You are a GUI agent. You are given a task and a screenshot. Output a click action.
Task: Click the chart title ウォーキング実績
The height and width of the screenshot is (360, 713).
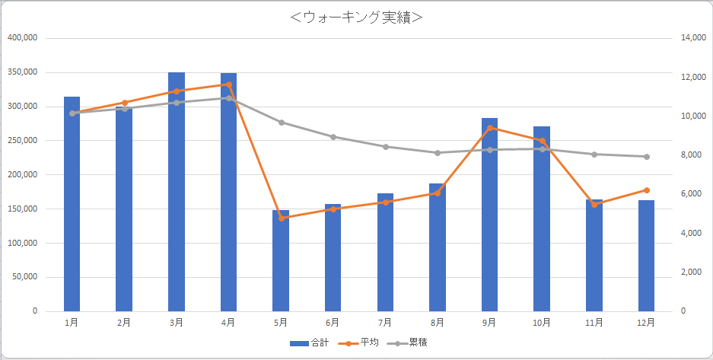pyautogui.click(x=356, y=18)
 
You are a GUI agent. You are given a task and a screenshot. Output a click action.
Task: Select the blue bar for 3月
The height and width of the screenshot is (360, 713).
pyautogui.click(x=177, y=190)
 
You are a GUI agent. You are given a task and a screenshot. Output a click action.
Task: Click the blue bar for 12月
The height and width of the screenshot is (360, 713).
pyautogui.click(x=646, y=256)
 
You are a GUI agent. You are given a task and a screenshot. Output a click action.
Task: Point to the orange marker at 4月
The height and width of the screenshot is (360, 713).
pyautogui.click(x=229, y=84)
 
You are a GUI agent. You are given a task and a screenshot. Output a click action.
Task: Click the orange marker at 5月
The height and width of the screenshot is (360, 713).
pyautogui.click(x=281, y=218)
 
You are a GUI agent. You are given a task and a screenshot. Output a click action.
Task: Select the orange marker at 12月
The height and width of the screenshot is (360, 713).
pyautogui.click(x=646, y=190)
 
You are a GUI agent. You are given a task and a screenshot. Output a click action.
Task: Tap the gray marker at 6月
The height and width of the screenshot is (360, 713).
pyautogui.click(x=333, y=137)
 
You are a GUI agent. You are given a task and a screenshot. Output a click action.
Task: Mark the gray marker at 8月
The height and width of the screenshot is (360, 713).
pyautogui.click(x=438, y=153)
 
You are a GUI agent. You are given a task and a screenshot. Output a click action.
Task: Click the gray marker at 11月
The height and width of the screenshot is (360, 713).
pyautogui.click(x=594, y=155)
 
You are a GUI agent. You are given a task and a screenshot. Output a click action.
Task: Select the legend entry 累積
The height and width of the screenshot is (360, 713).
pyautogui.click(x=408, y=343)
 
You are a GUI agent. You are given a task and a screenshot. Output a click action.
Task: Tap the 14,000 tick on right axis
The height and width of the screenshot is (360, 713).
pyautogui.click(x=695, y=38)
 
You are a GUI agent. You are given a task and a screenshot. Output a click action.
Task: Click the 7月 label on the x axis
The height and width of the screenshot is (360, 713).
pyautogui.click(x=385, y=323)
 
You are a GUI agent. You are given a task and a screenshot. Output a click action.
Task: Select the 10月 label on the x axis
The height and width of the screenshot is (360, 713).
pyautogui.click(x=542, y=323)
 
